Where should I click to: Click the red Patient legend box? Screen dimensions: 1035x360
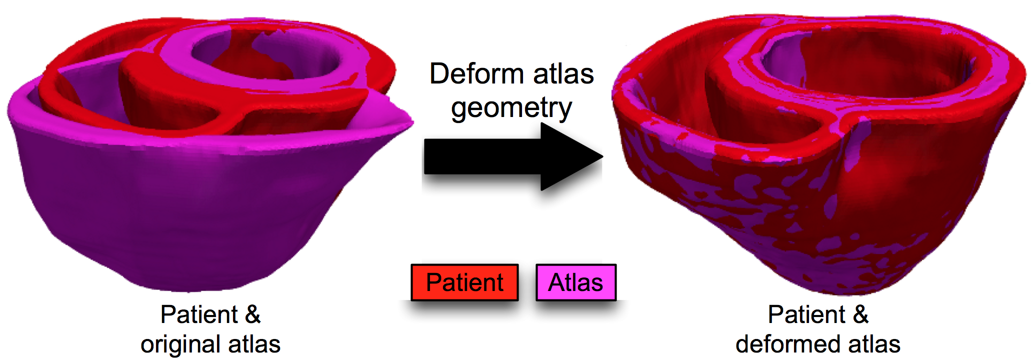[464, 282]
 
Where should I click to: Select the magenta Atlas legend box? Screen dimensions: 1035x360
[575, 282]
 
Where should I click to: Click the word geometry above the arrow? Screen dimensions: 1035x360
[511, 108]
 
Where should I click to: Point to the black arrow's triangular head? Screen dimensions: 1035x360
[570, 156]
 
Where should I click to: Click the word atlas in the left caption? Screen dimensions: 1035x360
[253, 344]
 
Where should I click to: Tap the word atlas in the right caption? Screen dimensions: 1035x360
[874, 344]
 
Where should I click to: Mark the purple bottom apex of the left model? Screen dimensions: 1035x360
[190, 285]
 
